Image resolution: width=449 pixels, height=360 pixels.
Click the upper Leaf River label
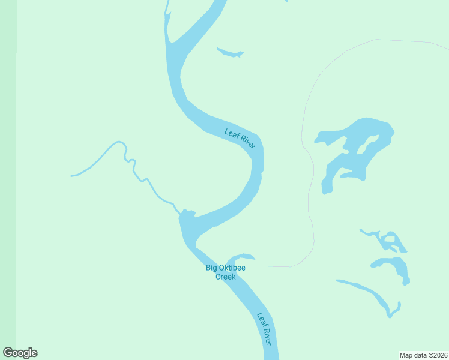click(x=240, y=139)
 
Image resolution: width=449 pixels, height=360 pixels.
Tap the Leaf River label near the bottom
click(x=265, y=329)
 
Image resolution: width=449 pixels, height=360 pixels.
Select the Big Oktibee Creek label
click(x=225, y=272)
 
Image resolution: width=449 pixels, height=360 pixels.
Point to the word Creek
click(x=226, y=277)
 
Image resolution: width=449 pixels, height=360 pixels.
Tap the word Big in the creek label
click(x=211, y=268)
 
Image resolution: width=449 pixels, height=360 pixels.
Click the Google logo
click(x=20, y=353)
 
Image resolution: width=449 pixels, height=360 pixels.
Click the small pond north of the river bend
click(x=230, y=53)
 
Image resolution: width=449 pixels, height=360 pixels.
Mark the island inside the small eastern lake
click(x=390, y=241)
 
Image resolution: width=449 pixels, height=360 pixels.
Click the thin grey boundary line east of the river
click(x=310, y=198)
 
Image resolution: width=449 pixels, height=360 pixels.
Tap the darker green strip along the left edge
click(x=8, y=180)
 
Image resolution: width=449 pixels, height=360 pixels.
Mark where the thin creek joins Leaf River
click(x=181, y=214)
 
